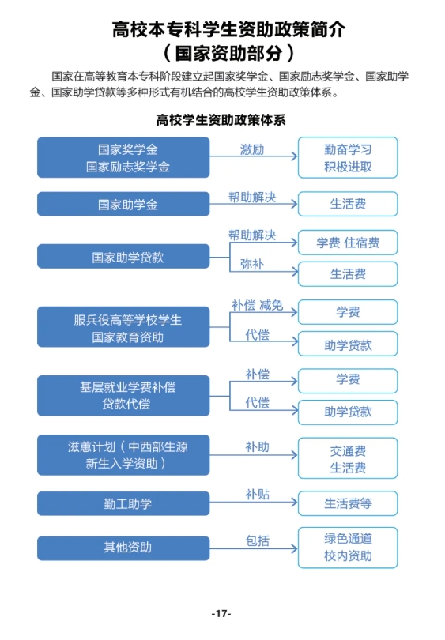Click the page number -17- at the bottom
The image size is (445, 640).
(221, 613)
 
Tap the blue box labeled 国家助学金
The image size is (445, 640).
(123, 204)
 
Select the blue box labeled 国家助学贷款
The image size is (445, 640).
(123, 256)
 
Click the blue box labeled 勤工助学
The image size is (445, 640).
(123, 503)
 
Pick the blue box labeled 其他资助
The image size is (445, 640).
(123, 548)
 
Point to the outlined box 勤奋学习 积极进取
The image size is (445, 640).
(348, 157)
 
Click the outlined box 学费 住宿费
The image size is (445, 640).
(348, 243)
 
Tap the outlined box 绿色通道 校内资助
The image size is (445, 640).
(348, 548)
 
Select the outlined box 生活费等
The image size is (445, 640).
(348, 503)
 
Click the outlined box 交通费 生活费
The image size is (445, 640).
(348, 458)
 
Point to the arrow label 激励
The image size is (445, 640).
(252, 149)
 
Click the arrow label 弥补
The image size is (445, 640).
(252, 264)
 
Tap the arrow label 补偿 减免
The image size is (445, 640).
(257, 305)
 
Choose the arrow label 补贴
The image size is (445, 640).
(257, 495)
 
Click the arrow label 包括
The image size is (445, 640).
(257, 540)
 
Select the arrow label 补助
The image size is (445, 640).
(257, 447)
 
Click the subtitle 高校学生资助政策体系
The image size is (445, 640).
(221, 120)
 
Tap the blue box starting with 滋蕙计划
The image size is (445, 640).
(123, 455)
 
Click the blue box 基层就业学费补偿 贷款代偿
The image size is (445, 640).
(123, 396)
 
